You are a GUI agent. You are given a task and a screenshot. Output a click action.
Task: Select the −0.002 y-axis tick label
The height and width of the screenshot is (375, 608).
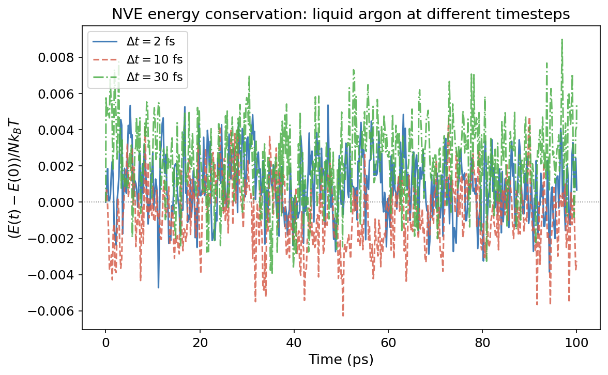(x=57, y=239)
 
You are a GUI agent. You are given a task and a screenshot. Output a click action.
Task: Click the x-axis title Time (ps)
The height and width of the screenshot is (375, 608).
(x=341, y=360)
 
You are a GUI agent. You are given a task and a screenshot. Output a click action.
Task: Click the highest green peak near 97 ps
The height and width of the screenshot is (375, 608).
(x=561, y=40)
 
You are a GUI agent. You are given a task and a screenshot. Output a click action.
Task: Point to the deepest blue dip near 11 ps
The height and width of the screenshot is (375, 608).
(x=158, y=287)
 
